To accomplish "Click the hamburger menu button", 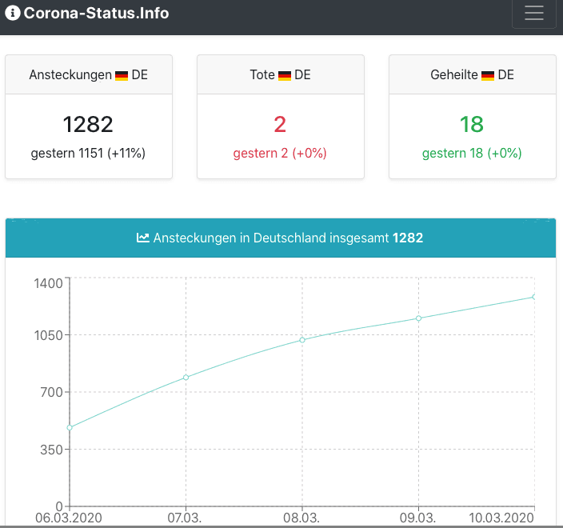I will coord(533,14).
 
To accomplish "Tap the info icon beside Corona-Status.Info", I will coord(13,14).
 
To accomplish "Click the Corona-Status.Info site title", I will coord(96,14).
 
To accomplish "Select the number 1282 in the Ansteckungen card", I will coord(88,124).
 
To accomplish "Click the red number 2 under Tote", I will coord(280,124).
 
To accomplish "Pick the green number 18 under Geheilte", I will coord(472,124).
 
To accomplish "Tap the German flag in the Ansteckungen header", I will coord(122,75).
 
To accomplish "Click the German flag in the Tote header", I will coord(285,75).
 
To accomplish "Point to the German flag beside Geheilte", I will coord(488,75).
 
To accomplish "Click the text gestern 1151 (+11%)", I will coord(88,153).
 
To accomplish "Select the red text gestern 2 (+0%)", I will coord(280,153).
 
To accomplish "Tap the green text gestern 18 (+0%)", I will coord(472,153).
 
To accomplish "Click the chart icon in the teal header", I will coord(143,238).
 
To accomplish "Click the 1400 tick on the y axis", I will coord(48,283).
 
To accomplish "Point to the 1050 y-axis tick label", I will coord(48,335).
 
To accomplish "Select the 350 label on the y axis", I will coord(52,450).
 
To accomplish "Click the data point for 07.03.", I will coord(186,377).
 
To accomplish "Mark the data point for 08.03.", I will coord(302,340).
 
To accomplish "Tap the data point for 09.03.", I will coord(418,318).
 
